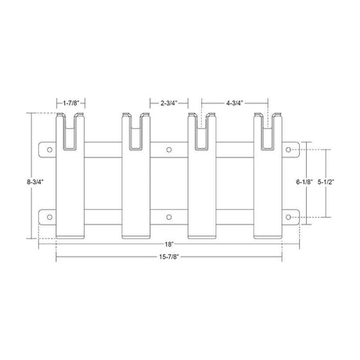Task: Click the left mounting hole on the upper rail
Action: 48,148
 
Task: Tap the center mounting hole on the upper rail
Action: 168,148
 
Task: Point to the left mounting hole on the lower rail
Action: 48,217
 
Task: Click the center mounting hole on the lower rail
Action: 168,217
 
